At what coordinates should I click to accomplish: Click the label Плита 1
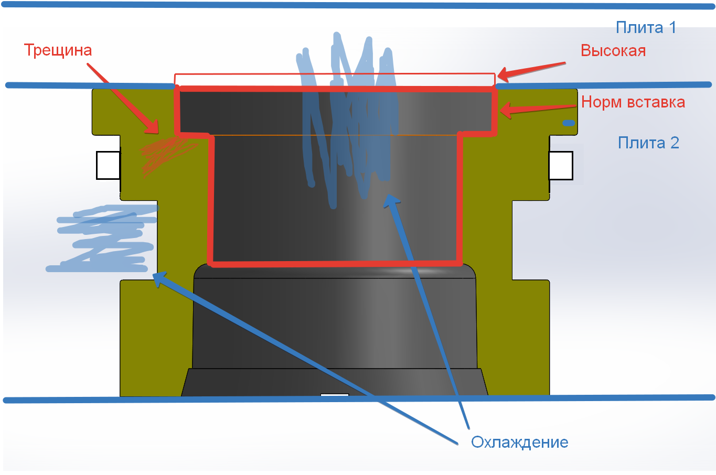[646, 28]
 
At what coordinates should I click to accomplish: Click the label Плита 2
[648, 143]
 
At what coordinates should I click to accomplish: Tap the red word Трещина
[58, 50]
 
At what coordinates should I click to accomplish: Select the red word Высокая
[613, 51]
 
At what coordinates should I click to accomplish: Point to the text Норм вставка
[633, 102]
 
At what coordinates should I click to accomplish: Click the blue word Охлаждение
[519, 442]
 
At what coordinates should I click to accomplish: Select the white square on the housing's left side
[108, 165]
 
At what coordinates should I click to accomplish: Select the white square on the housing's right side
[560, 165]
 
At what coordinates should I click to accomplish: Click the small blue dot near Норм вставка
[569, 123]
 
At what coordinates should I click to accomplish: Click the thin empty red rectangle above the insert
[334, 79]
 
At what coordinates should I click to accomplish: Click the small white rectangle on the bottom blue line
[334, 395]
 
